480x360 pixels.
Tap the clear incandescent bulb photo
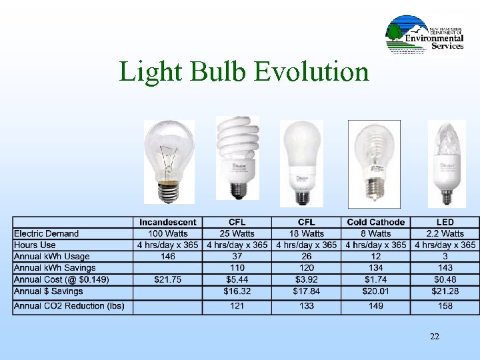coord(169,162)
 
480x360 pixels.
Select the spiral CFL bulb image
coord(237,157)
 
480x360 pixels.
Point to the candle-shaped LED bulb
coord(446,163)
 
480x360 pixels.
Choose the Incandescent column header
coord(168,223)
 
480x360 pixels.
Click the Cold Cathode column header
coord(375,223)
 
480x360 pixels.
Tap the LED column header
coord(445,223)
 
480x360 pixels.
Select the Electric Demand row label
coord(47,234)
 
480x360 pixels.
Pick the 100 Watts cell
coord(168,234)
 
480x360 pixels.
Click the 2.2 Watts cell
coord(445,234)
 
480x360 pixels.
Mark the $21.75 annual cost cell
coord(168,279)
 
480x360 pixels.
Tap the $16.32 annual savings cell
coord(237,291)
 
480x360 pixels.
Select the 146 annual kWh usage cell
coord(168,257)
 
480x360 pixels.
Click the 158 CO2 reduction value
coord(445,306)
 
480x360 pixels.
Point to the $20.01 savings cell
coord(375,291)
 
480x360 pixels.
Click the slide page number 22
coord(435,337)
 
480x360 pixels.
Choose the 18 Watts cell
coord(306,234)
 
